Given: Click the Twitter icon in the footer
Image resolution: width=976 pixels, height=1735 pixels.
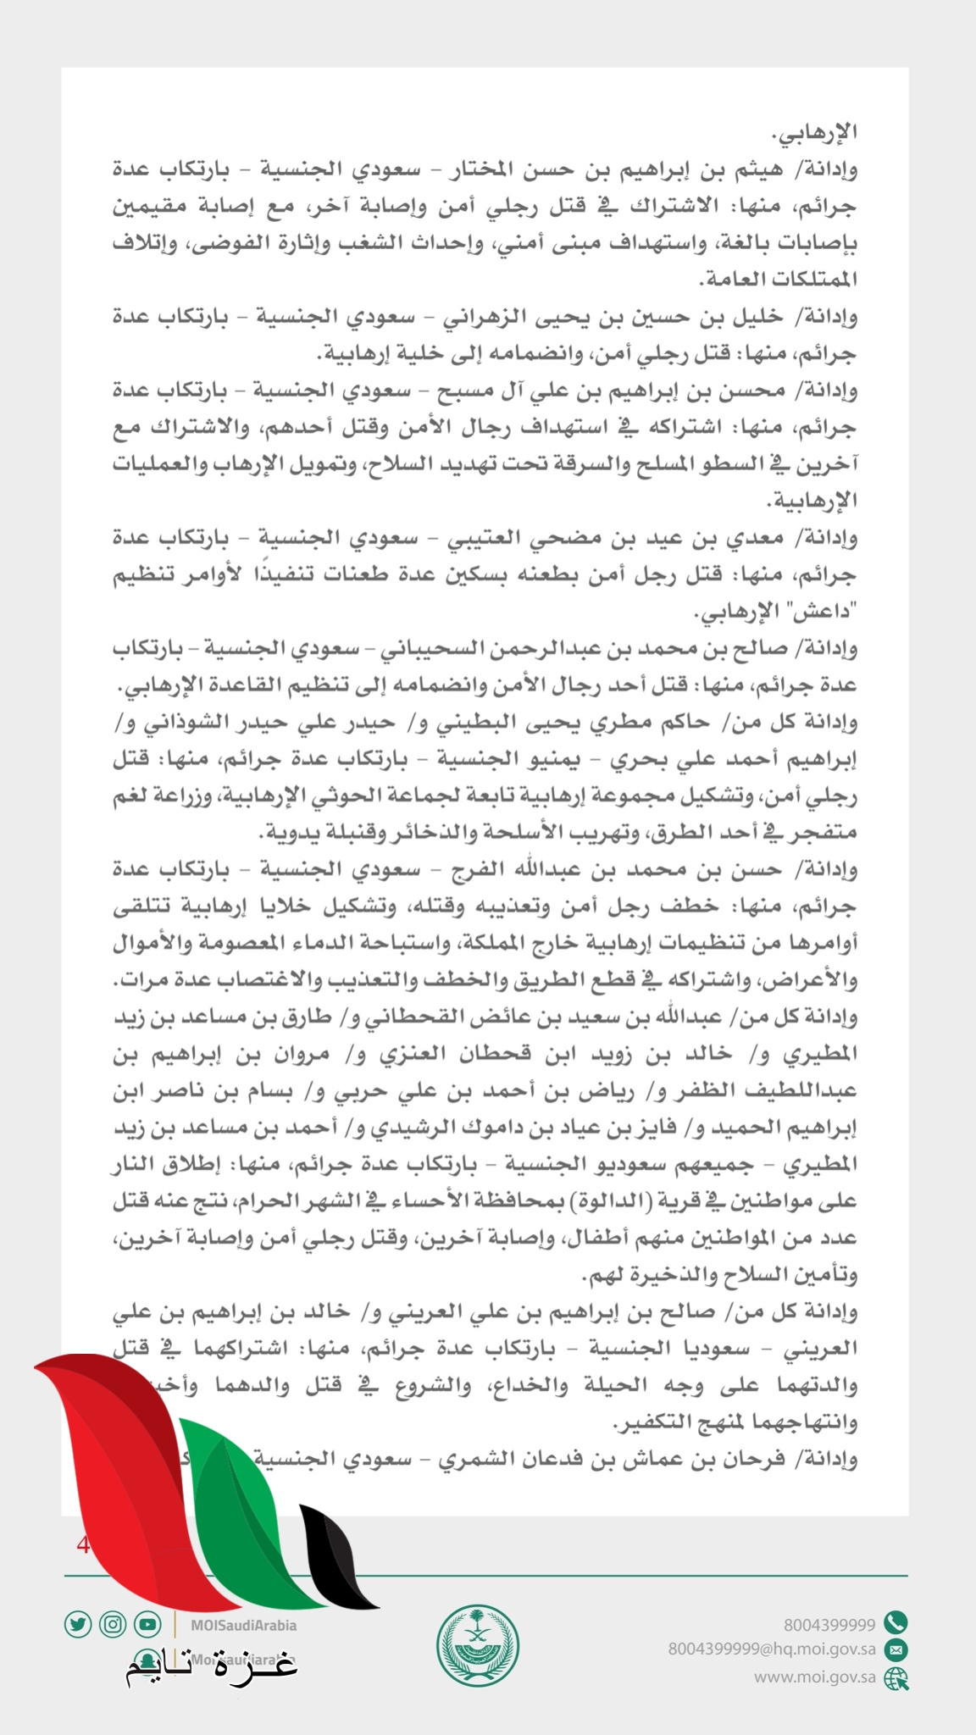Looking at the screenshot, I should [77, 1624].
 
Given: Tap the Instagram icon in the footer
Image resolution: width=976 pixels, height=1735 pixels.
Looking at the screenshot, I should [113, 1624].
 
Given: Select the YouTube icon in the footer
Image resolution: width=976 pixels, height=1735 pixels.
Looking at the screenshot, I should [147, 1624].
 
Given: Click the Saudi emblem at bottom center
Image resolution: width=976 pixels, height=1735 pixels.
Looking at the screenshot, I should [478, 1647].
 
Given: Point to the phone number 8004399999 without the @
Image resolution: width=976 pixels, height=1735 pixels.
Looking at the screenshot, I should [829, 1624].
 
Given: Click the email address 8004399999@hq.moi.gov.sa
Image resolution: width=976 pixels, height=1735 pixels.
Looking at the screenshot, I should [771, 1649].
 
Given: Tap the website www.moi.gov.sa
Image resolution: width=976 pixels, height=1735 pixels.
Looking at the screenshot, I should [815, 1677].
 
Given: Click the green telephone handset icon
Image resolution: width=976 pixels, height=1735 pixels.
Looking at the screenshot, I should [896, 1623].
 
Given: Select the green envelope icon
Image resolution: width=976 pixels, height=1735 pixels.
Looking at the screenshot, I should [896, 1649].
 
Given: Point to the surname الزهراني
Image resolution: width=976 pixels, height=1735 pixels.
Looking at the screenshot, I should [470, 317].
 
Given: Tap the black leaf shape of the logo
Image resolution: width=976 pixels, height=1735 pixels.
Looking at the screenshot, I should [339, 1559].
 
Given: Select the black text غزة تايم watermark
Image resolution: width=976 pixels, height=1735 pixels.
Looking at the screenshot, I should [212, 1666].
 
